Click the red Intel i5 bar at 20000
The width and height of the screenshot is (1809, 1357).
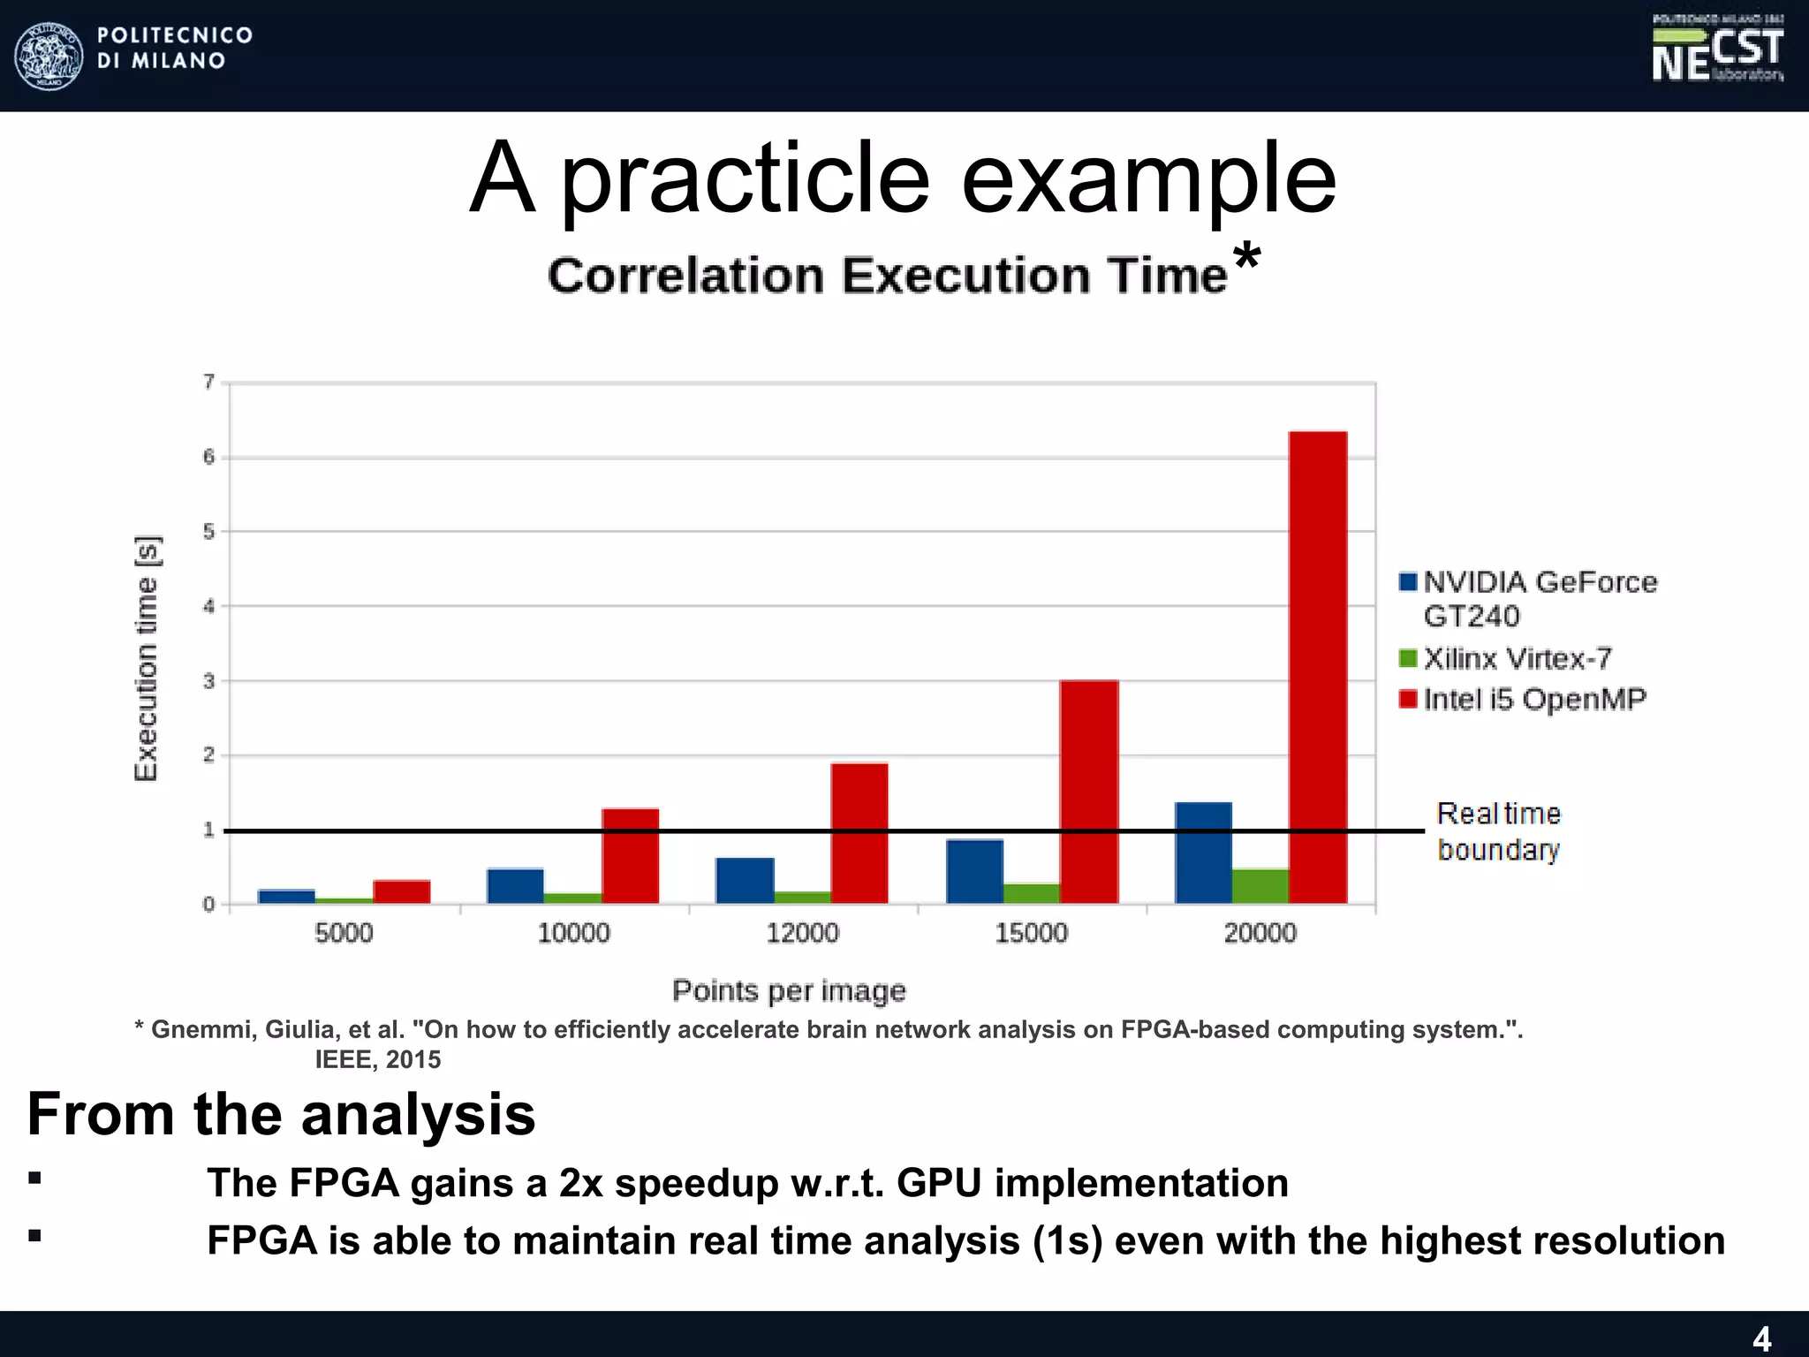[1318, 667]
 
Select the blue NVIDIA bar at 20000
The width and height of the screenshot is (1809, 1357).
[1203, 853]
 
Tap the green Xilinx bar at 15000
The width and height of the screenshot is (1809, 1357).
[1032, 893]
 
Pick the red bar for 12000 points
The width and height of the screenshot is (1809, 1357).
[859, 833]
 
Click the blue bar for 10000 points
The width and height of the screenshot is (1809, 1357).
[515, 885]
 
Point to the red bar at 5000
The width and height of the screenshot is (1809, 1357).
[402, 891]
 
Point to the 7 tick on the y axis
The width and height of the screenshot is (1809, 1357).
[209, 382]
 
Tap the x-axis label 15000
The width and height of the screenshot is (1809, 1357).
[1031, 933]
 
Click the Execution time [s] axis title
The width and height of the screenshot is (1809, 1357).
[146, 658]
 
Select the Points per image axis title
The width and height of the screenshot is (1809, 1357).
[789, 990]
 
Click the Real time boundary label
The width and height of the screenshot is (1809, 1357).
[1498, 831]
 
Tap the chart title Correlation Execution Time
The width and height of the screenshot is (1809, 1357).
[888, 275]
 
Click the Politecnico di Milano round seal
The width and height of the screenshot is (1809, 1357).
[49, 56]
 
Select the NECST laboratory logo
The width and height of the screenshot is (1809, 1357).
[1717, 50]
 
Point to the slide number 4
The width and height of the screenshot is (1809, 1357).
[1761, 1338]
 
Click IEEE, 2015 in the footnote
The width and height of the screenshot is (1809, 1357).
[378, 1059]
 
